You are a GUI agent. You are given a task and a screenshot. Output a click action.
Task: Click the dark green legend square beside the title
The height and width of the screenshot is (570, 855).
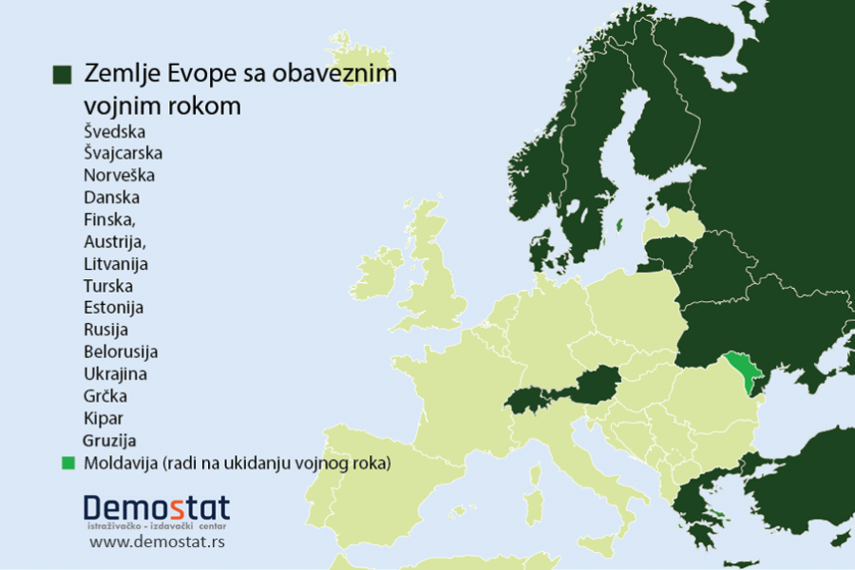click(x=64, y=75)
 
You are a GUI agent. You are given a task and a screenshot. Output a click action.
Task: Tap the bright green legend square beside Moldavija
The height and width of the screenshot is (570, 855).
click(x=67, y=464)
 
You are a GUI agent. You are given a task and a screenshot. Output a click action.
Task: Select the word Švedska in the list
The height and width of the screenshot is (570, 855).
click(x=115, y=131)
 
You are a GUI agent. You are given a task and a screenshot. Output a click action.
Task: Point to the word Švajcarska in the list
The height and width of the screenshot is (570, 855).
click(x=123, y=153)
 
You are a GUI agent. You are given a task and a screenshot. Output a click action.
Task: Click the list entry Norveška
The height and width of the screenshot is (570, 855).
click(x=119, y=176)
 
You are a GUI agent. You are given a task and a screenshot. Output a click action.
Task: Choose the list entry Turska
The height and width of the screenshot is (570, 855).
click(x=108, y=286)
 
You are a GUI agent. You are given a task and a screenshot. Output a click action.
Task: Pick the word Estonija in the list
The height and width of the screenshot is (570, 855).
click(x=113, y=308)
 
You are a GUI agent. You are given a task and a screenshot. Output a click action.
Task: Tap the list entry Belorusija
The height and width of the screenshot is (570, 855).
click(x=121, y=351)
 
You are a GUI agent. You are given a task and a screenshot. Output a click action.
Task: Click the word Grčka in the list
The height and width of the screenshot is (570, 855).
click(x=105, y=395)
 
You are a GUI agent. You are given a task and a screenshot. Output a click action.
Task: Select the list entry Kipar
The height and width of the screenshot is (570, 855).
click(x=104, y=418)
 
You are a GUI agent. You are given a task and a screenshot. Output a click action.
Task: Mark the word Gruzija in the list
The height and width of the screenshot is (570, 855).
click(x=109, y=441)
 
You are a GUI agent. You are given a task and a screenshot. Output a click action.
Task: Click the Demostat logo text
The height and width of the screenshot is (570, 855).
click(x=156, y=506)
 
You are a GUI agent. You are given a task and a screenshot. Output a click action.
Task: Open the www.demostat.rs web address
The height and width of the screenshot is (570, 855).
click(x=158, y=542)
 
